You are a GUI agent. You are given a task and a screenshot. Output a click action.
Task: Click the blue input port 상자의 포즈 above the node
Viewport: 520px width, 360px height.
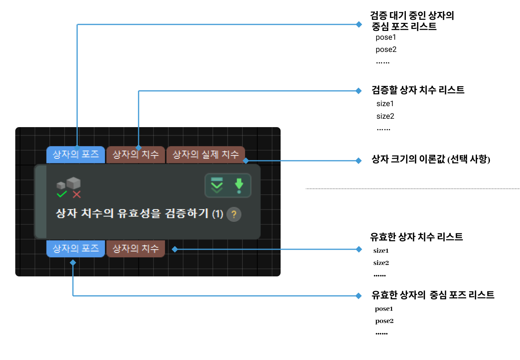(x=76, y=155)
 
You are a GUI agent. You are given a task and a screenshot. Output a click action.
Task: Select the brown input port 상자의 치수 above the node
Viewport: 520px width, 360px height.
(x=136, y=155)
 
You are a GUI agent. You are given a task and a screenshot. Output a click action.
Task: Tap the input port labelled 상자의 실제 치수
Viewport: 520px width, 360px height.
(x=205, y=155)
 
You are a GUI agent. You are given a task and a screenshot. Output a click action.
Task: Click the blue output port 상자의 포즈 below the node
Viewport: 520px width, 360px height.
(x=76, y=249)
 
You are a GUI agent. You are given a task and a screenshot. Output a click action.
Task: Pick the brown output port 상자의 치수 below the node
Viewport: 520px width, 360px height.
(x=136, y=249)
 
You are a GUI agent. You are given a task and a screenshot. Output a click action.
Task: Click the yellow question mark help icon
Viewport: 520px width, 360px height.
(x=234, y=214)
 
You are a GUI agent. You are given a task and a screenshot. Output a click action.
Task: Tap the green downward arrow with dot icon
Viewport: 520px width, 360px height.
(x=239, y=186)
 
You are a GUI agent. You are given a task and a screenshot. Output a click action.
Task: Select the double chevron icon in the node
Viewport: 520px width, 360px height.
(x=217, y=186)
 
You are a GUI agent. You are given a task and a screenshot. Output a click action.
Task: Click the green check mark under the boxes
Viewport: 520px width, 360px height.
(x=61, y=194)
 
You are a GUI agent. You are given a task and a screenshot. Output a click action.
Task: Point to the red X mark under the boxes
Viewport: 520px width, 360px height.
(x=77, y=195)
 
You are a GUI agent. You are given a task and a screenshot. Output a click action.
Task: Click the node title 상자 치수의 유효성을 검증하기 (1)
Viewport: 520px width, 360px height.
(x=139, y=213)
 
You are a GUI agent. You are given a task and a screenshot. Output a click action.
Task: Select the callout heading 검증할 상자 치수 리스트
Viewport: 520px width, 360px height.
(x=418, y=90)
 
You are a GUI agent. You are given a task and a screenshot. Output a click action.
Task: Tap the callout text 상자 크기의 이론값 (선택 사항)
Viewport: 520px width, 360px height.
(x=431, y=159)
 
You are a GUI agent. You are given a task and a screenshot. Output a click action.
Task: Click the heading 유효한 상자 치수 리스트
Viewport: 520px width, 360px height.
(x=416, y=237)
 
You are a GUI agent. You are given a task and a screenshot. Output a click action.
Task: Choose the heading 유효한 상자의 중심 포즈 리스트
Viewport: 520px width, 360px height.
(x=433, y=295)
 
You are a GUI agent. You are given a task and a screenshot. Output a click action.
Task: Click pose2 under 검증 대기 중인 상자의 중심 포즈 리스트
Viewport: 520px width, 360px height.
(x=386, y=50)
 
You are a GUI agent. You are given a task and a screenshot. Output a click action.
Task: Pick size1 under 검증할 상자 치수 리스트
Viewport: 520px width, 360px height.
(x=385, y=104)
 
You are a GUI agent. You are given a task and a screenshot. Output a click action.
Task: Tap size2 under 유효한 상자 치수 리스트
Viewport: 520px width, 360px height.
(x=381, y=263)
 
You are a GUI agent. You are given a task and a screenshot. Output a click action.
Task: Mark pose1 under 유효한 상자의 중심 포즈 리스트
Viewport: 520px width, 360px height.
(x=384, y=309)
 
